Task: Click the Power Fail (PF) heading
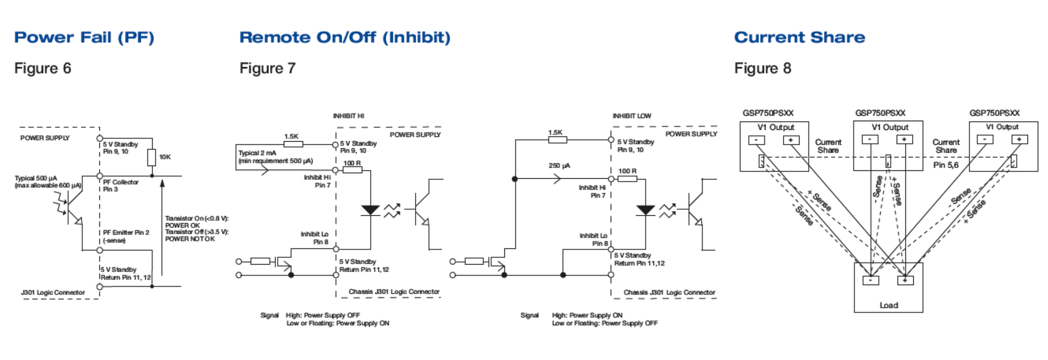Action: (84, 37)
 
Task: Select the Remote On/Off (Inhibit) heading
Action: (345, 37)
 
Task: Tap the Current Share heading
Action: (800, 37)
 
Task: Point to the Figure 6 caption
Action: (43, 68)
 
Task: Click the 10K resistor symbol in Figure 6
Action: (152, 157)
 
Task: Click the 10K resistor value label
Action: (165, 157)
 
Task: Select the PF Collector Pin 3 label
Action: (121, 186)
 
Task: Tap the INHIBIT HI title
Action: (348, 116)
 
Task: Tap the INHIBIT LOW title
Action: (632, 116)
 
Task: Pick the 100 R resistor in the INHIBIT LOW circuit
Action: (627, 179)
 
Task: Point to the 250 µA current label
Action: (559, 166)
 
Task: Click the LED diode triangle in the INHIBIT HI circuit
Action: (371, 210)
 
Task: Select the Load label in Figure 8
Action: (888, 305)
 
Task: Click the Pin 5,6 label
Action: (946, 165)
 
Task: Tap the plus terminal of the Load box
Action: (905, 280)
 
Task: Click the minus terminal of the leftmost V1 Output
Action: (756, 140)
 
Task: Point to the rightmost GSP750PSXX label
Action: (994, 113)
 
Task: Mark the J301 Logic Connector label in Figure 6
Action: (53, 292)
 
